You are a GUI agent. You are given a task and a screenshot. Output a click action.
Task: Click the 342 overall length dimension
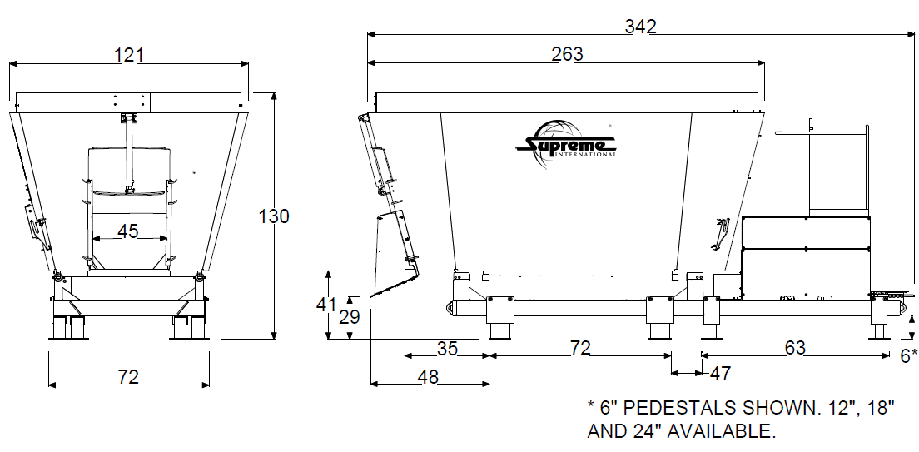click(x=640, y=27)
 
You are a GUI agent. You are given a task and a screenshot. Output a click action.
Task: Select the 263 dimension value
click(x=568, y=54)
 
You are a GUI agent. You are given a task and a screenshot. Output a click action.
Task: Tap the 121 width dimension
click(x=128, y=55)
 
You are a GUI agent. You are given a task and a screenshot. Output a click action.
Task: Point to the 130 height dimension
click(x=275, y=216)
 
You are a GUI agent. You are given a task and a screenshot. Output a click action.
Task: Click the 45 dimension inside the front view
click(x=127, y=231)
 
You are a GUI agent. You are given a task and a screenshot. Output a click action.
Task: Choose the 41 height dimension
click(x=325, y=305)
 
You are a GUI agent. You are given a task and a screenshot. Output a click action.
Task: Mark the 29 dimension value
click(x=350, y=317)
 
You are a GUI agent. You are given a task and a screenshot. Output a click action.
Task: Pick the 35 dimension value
click(x=448, y=349)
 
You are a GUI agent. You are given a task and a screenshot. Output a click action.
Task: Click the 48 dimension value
click(x=429, y=378)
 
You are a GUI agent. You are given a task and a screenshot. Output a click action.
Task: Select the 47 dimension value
click(x=720, y=374)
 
